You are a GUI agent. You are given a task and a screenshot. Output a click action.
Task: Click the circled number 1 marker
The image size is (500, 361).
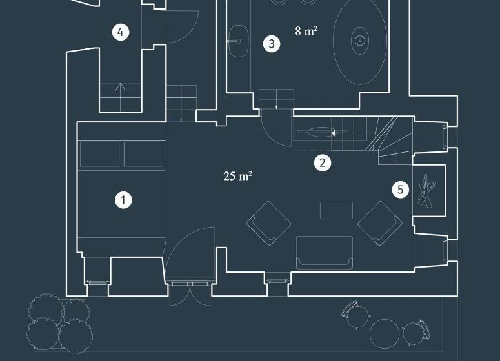coord(123,200)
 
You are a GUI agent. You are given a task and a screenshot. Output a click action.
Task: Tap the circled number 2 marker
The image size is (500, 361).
coord(323,163)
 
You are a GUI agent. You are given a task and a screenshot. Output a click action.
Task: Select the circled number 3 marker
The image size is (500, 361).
coord(272,44)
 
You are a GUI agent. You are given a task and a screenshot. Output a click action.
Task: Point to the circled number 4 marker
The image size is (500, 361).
coord(121,32)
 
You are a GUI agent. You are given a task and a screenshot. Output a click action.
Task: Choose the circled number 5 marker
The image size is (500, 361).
coord(401,190)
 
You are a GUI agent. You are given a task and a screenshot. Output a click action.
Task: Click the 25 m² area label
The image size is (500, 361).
coord(238,176)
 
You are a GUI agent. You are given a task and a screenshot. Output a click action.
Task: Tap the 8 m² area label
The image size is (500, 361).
coord(306,31)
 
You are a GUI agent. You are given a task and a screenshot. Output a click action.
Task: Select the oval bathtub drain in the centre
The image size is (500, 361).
coord(360,41)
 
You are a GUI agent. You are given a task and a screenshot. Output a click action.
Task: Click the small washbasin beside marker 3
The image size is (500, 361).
coord(238,41)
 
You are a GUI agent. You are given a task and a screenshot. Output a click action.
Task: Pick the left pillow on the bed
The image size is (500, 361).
coord(100,154)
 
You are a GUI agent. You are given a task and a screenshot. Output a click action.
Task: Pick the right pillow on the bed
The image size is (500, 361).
coord(143,154)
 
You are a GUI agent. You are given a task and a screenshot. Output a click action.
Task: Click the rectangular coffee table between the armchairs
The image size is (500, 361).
coord(336,210)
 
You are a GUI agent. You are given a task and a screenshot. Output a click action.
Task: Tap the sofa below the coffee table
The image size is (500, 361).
coord(325,253)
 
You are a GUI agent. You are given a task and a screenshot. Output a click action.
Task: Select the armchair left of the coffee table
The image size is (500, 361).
coord(268,223)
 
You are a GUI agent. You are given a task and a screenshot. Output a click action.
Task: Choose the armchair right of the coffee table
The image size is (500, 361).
coord(380,223)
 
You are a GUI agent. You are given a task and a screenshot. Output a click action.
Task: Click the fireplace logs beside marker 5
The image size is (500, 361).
coord(426,191)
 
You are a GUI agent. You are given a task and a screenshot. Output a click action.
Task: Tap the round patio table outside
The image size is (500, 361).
coord(385,333)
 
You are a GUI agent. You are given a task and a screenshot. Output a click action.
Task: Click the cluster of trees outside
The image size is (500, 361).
coord(59,322)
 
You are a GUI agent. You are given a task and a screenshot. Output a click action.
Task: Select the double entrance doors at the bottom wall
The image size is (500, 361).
coord(190,293)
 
